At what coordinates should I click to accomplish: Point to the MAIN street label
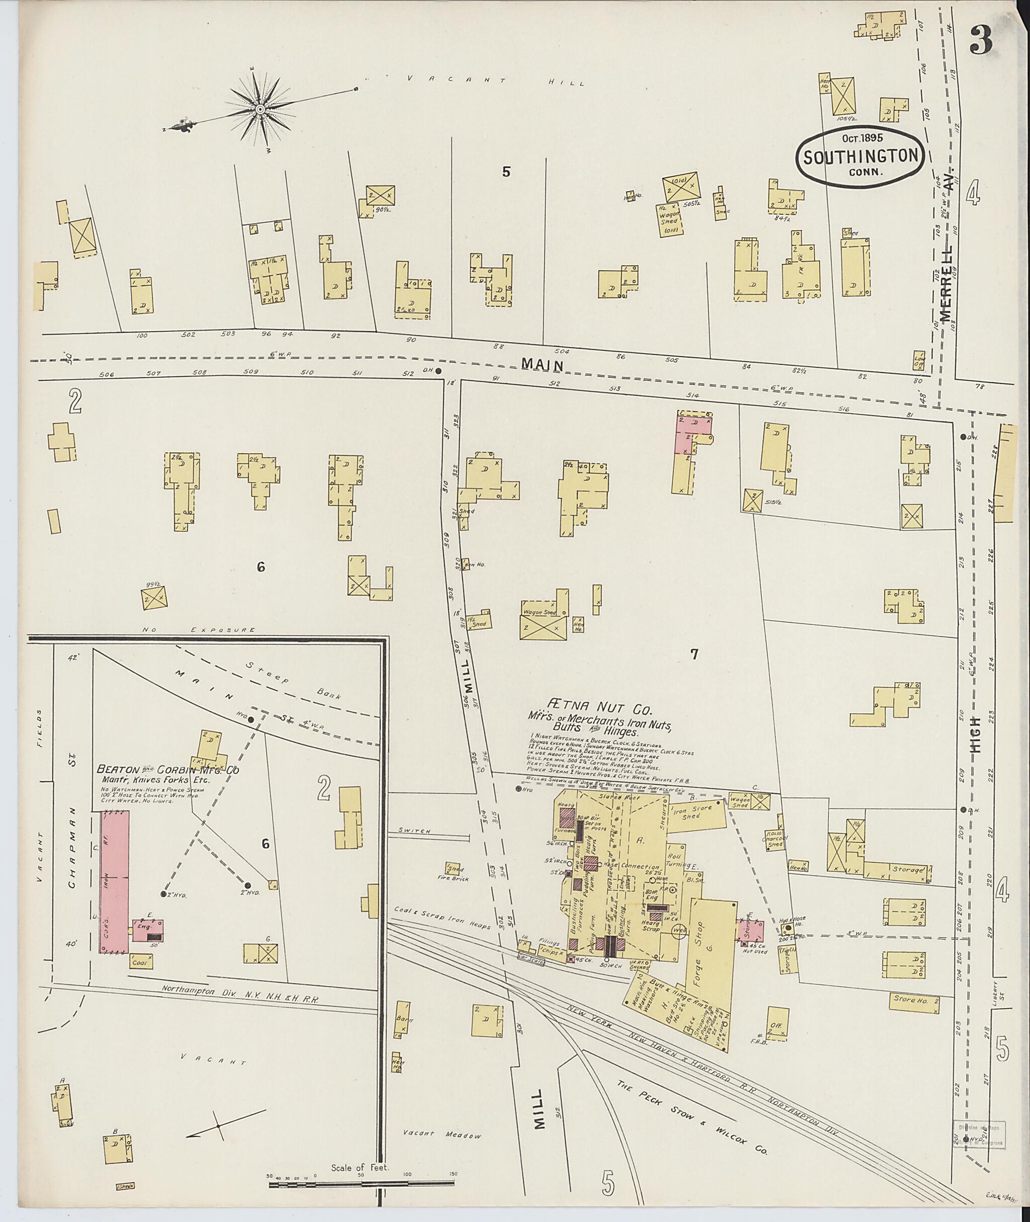pos(543,365)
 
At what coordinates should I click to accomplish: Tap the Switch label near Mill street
pos(414,830)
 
